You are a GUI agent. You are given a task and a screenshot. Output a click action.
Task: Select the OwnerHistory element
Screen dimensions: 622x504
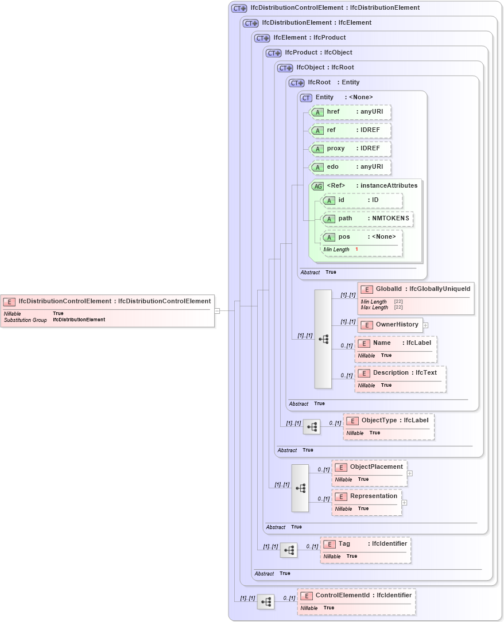pyautogui.click(x=390, y=325)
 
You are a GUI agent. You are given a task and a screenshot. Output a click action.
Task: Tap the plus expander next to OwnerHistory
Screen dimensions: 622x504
pyautogui.click(x=426, y=325)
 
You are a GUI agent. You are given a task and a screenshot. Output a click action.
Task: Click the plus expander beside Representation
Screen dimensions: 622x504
pyautogui.click(x=405, y=503)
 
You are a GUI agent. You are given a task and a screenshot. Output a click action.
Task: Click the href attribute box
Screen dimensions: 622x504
pyautogui.click(x=351, y=112)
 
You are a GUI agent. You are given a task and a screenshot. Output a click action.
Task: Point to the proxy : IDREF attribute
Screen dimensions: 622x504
pyautogui.click(x=351, y=148)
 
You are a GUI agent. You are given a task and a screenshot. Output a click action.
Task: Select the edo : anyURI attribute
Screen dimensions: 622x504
pyautogui.click(x=351, y=167)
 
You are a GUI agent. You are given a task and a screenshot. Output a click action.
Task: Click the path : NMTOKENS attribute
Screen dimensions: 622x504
pyautogui.click(x=367, y=219)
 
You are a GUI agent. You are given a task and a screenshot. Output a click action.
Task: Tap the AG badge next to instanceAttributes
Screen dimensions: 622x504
pyautogui.click(x=317, y=186)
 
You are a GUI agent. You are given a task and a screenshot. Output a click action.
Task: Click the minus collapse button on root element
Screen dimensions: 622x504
pyautogui.click(x=217, y=311)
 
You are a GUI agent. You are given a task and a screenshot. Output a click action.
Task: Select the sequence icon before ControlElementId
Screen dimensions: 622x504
pyautogui.click(x=265, y=602)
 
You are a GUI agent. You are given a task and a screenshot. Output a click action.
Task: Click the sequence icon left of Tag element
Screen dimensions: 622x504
pyautogui.click(x=288, y=550)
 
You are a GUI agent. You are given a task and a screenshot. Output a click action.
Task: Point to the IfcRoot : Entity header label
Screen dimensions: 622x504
pyautogui.click(x=334, y=83)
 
